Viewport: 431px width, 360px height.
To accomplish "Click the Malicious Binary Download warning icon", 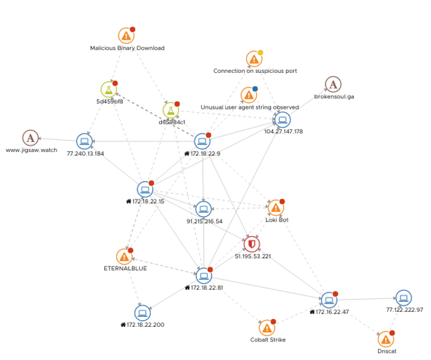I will point(126,36).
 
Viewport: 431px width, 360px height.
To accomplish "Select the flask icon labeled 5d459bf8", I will point(109,90).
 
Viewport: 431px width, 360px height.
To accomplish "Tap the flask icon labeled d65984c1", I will point(170,110).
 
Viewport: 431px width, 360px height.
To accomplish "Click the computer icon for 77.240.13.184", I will point(84,141).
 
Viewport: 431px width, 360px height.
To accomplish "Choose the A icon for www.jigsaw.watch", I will point(30,138).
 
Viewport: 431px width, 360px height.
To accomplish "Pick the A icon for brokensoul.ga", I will point(333,84).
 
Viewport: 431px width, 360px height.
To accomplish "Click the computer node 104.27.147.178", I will point(282,120).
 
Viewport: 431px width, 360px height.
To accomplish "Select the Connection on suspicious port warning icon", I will point(253,59).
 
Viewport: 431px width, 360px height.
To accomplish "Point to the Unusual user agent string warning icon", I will point(249,95).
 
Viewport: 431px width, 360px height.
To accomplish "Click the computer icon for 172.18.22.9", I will point(202,141).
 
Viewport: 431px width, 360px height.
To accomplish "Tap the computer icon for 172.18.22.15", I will point(145,190).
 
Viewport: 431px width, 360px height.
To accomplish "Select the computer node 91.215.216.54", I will point(204,210).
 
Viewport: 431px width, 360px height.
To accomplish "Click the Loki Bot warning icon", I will point(275,208).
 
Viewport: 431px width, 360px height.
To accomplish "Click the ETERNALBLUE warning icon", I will point(124,257).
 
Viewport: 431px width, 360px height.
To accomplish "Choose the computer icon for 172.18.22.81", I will point(204,276).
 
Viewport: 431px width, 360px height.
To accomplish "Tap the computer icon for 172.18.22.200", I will point(142,313).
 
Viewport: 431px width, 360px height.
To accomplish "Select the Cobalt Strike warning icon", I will point(267,328).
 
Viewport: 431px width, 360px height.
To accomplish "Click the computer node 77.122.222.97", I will point(403,298).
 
